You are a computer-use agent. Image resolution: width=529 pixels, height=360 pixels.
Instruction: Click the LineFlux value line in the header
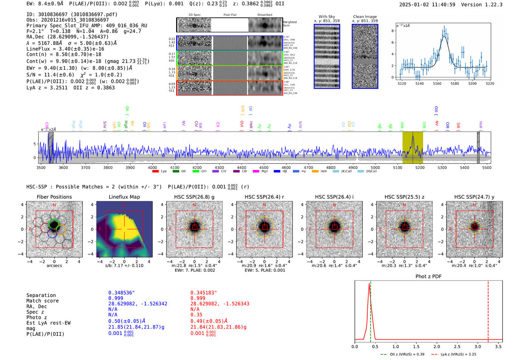[x=65, y=49]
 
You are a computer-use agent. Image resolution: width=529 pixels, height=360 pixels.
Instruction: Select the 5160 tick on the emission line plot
[x=437, y=83]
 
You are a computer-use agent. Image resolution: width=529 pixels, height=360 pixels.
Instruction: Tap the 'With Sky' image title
[x=327, y=17]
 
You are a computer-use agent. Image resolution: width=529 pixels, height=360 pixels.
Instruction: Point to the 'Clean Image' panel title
[x=365, y=17]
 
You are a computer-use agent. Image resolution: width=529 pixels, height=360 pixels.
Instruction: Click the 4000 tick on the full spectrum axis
[x=152, y=167]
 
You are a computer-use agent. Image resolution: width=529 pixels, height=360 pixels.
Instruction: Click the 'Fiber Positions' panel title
[x=54, y=197]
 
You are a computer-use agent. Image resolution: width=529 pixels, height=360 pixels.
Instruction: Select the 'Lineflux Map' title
[x=124, y=197]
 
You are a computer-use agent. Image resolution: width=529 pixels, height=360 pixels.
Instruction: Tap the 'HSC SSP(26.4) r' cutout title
[x=264, y=197]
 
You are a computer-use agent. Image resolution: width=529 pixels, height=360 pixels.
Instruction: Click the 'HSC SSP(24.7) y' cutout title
[x=474, y=197]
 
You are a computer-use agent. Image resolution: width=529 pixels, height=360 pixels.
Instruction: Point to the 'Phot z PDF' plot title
[x=428, y=277]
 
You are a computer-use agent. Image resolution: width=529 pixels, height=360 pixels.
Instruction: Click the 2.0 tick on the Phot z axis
[x=437, y=346]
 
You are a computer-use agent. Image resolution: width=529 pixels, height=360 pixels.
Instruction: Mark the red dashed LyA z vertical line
[x=488, y=310]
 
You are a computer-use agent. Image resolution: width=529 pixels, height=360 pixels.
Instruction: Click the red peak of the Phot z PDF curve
[x=369, y=284]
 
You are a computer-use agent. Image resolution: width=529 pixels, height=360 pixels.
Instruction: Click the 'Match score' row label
[x=42, y=301]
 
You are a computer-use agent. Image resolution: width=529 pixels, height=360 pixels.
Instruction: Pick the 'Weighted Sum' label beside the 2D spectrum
[x=290, y=24]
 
